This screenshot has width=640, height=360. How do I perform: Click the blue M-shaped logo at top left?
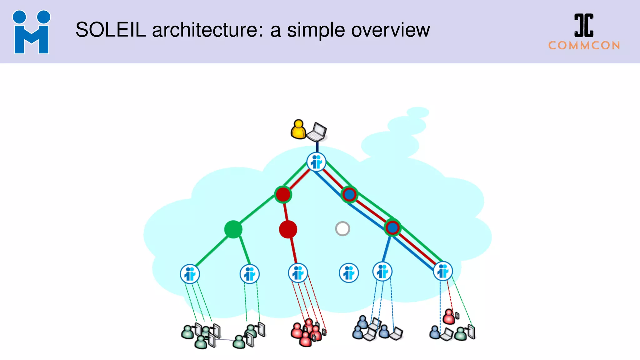coord(31,32)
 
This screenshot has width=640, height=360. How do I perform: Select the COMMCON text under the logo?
coord(584,46)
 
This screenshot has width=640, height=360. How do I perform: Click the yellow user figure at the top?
coord(298,129)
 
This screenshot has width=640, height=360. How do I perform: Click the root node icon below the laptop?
coord(316,162)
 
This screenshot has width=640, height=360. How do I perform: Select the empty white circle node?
coord(342,229)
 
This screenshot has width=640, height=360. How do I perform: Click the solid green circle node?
coord(233,229)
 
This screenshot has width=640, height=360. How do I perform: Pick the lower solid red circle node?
coord(288,229)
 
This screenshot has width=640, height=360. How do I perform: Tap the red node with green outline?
coord(283,194)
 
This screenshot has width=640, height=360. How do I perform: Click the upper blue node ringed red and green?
coord(349,195)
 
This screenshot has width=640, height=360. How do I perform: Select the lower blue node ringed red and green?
coord(392,227)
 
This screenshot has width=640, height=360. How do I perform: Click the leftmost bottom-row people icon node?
coord(190,274)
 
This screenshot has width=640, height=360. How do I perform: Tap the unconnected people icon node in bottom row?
coord(349,273)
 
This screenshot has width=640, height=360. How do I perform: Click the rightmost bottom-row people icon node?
coord(443,271)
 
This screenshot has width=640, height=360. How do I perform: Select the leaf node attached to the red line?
coord(297,273)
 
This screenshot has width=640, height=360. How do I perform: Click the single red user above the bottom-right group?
coord(449,317)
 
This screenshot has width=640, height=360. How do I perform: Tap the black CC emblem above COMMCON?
coord(584,25)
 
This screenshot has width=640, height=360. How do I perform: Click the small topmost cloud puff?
coord(418,112)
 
